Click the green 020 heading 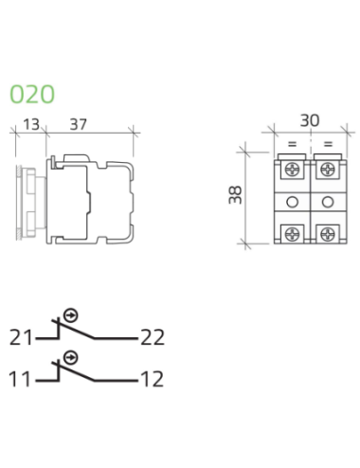coord(32,94)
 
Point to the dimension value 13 coord(31,124)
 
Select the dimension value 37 coord(78,124)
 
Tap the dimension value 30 coord(310,120)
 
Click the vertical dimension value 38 coord(235,195)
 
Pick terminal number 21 coord(21,337)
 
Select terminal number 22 coord(153,337)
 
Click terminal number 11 coord(20,379)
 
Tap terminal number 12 coord(153,379)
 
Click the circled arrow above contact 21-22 coord(71,315)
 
